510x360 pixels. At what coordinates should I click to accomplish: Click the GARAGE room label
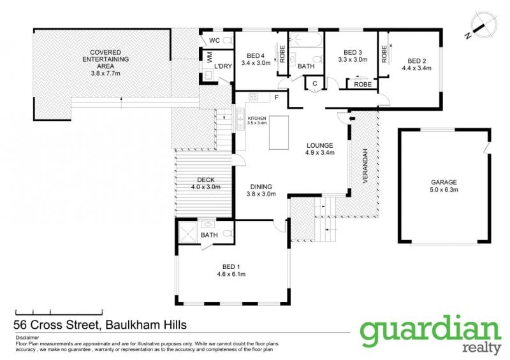[444, 182]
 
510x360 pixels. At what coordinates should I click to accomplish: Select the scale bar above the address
[59, 312]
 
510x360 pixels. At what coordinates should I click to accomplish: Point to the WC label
[214, 40]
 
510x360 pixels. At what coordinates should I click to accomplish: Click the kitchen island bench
[279, 133]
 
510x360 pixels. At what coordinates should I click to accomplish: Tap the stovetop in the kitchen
[253, 97]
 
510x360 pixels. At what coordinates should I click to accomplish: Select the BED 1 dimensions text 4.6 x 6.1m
[231, 274]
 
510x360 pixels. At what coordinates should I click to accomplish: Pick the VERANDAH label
[365, 166]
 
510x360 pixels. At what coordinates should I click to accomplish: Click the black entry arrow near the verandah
[352, 119]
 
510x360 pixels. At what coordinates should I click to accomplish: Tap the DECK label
[206, 180]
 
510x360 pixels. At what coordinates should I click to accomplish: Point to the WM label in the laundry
[209, 58]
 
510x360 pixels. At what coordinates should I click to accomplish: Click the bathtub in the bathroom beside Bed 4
[306, 40]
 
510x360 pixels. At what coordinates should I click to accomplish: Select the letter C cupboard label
[314, 83]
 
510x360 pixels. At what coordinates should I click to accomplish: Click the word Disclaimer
[27, 338]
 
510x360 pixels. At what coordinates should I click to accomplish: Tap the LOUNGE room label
[320, 145]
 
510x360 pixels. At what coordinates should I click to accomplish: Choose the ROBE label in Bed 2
[384, 54]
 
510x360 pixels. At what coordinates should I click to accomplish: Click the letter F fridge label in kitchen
[277, 97]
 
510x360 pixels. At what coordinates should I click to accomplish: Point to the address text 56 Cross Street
[56, 325]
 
